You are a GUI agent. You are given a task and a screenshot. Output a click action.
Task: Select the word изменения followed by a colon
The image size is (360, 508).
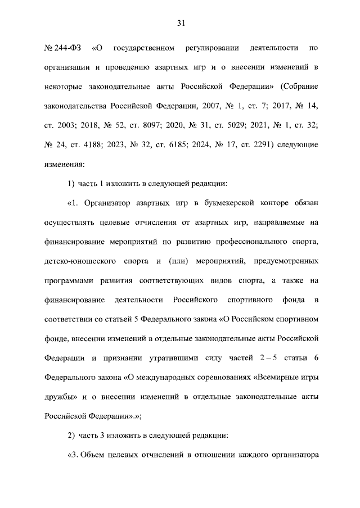[x=64, y=164]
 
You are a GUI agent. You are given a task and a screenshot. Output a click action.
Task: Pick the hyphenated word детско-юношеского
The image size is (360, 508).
[x=77, y=262]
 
